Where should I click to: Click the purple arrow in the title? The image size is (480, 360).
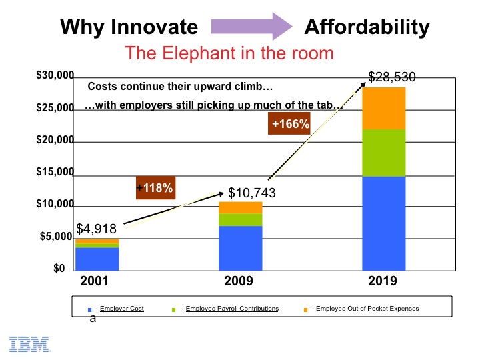[x=251, y=27]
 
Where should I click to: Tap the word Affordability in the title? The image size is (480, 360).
[x=367, y=27]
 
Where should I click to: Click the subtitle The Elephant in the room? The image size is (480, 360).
[x=229, y=53]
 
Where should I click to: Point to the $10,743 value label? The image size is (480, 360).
[x=252, y=193]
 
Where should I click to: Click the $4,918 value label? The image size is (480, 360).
[x=97, y=228]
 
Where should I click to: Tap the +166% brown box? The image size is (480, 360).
[x=290, y=123]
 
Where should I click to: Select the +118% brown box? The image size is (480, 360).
[x=155, y=188]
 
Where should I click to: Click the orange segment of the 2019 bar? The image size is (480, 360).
[x=384, y=108]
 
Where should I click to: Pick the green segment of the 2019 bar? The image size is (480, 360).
[x=384, y=153]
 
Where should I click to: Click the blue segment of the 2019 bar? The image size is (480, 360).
[x=384, y=223]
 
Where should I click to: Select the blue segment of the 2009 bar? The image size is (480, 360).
[x=241, y=247]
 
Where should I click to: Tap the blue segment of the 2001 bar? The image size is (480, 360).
[x=97, y=258]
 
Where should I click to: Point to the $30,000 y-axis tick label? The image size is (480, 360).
[x=55, y=77]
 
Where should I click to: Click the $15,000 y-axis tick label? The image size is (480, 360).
[x=55, y=173]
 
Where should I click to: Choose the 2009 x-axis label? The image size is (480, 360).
[x=239, y=281]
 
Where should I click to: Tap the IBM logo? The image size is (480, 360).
[x=30, y=343]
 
